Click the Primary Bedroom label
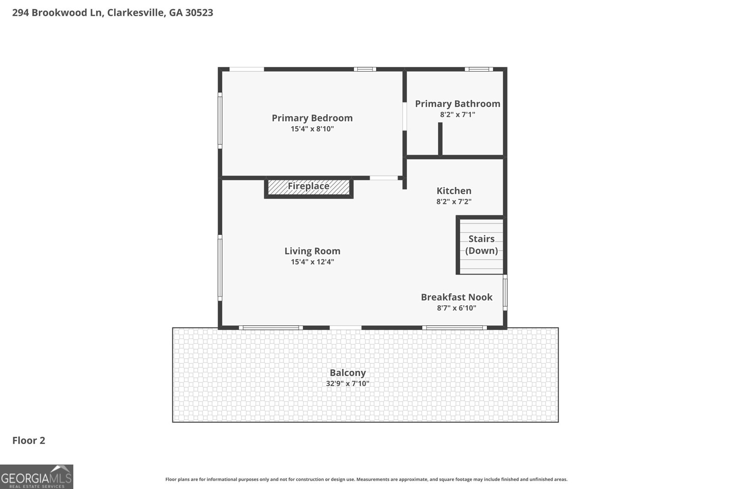[312, 118]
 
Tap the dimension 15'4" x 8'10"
[312, 129]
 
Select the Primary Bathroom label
[458, 104]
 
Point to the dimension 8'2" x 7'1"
[458, 115]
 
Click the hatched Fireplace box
[309, 187]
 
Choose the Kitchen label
[454, 191]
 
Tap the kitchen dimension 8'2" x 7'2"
[454, 201]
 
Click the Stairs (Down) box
[481, 245]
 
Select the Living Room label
[312, 251]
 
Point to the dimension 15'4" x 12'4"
[312, 262]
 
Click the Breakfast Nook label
[456, 297]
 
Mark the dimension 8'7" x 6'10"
[456, 308]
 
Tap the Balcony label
[348, 373]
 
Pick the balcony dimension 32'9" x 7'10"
[348, 383]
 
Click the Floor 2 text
[29, 440]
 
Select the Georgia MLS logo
[36, 477]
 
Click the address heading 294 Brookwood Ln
[58, 12]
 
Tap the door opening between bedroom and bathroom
[405, 116]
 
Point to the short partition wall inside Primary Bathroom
[440, 139]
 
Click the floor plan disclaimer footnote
[366, 479]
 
